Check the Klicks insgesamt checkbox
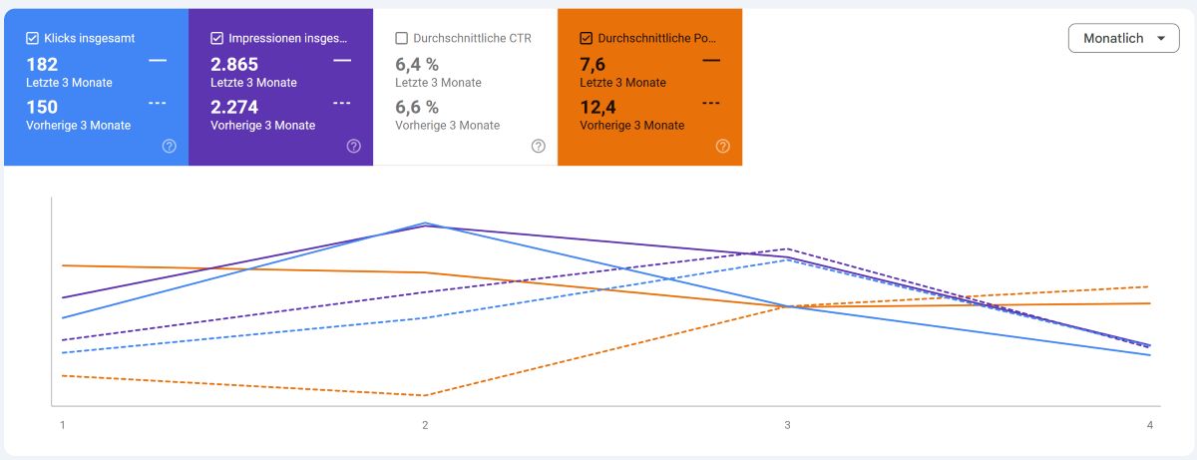(32, 39)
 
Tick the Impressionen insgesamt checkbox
(216, 39)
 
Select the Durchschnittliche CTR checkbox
(401, 39)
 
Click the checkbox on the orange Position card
(586, 39)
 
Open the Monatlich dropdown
(1123, 39)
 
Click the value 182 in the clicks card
(42, 65)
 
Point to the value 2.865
(234, 65)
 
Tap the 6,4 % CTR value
(417, 65)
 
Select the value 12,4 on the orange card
(598, 107)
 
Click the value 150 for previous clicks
(42, 107)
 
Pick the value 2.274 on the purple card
(234, 107)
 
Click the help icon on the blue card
(170, 146)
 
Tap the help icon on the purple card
(354, 146)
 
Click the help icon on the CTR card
(539, 146)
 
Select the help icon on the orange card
(723, 146)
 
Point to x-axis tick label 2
(425, 425)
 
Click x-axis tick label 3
(787, 425)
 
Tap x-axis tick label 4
(1150, 425)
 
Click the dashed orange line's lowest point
(425, 395)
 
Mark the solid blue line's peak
(425, 223)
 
